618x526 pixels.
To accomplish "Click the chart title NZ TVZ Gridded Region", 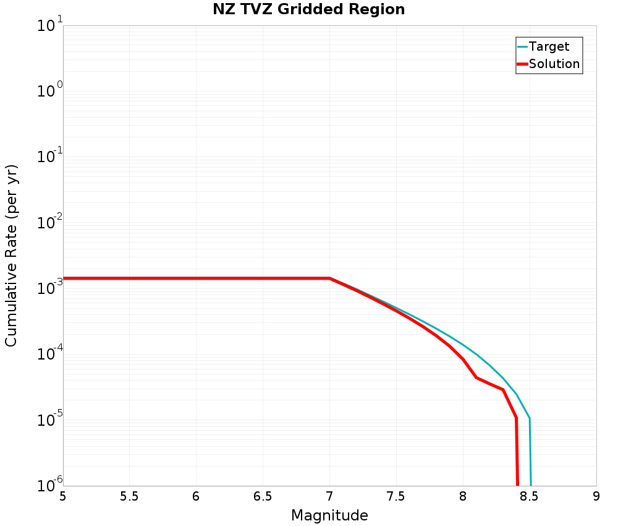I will click(x=308, y=10).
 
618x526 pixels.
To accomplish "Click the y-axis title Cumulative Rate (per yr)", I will click(x=12, y=256).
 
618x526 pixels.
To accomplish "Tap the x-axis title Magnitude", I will click(x=329, y=515).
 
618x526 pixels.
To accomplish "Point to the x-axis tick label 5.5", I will click(x=129, y=496).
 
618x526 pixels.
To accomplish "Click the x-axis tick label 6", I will click(x=196, y=496).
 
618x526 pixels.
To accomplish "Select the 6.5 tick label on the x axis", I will click(x=263, y=496).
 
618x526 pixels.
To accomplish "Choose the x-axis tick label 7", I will click(x=329, y=496).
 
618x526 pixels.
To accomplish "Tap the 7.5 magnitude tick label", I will click(x=396, y=496).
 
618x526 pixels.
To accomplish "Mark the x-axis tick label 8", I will click(x=463, y=496).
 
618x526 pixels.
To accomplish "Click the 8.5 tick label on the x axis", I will click(x=530, y=496).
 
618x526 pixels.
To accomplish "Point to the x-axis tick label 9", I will click(x=596, y=496).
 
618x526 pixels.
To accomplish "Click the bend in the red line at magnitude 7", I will click(x=329, y=278).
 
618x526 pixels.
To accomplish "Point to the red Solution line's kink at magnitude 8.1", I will click(x=476, y=377).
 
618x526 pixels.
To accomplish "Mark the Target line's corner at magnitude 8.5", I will click(x=529, y=419).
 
